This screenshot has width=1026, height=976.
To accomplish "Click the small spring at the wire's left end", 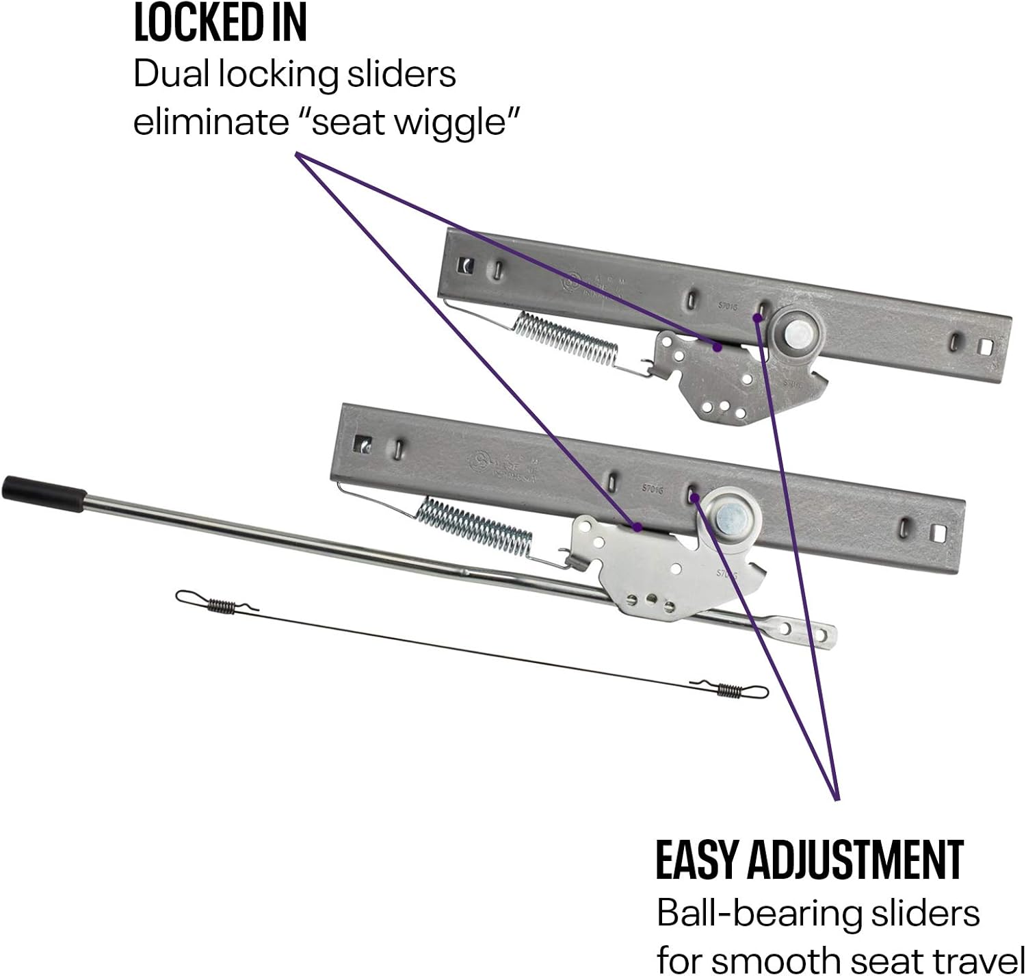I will [x=219, y=604].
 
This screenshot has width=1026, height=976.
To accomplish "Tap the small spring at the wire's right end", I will [x=729, y=691].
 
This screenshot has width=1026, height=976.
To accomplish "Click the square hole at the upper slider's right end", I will [x=986, y=348].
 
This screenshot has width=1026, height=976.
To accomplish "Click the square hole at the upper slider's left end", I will [x=468, y=264].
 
